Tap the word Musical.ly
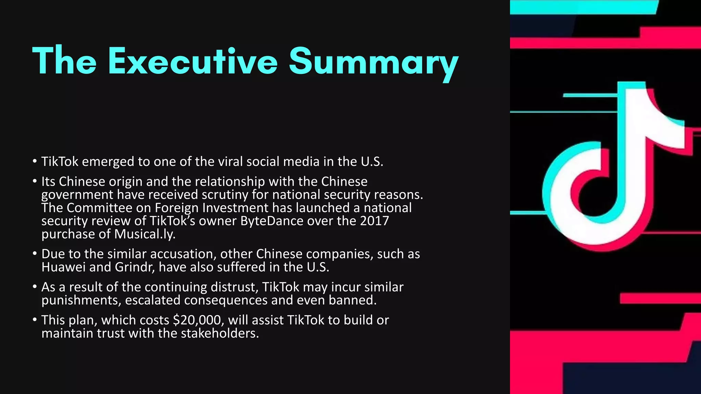pyautogui.click(x=144, y=234)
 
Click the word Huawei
pyautogui.click(x=63, y=267)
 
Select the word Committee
pyautogui.click(x=99, y=208)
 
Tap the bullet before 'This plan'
pyautogui.click(x=35, y=320)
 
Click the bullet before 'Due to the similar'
pyautogui.click(x=35, y=254)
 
